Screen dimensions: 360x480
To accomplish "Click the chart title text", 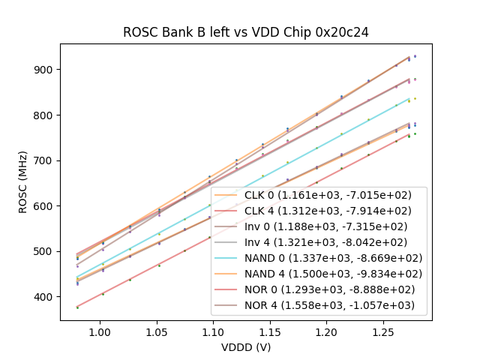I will coord(246,32).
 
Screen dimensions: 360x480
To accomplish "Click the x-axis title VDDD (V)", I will coord(246,347).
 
